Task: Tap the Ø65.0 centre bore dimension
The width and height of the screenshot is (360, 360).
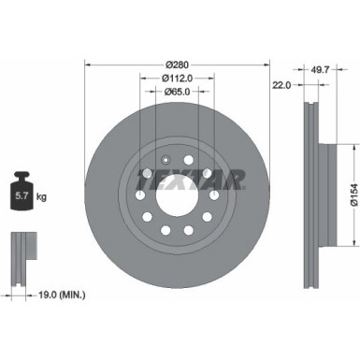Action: click(x=178, y=92)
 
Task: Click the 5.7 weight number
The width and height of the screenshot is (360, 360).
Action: click(x=21, y=197)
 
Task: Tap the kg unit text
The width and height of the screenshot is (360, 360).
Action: click(x=40, y=197)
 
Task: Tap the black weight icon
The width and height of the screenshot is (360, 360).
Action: click(x=22, y=194)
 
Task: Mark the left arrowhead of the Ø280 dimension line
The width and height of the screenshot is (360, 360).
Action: click(x=89, y=65)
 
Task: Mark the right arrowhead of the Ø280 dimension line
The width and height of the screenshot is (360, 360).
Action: click(x=267, y=65)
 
